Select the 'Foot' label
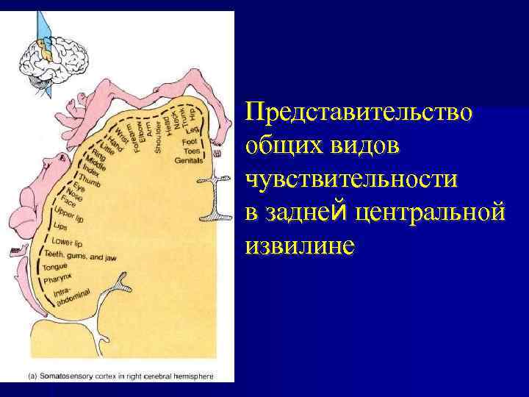tap(189, 140)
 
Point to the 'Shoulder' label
tap(158, 136)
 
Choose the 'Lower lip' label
tap(67, 242)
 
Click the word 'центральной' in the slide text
tap(430, 212)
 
